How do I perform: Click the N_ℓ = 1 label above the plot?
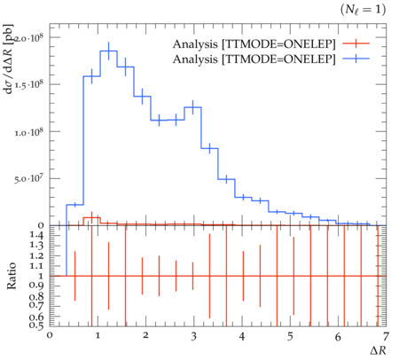click(x=363, y=10)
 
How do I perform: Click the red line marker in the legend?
click(x=356, y=43)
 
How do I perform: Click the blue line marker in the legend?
click(x=356, y=59)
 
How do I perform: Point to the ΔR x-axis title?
click(x=378, y=350)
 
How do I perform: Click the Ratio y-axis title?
click(x=12, y=276)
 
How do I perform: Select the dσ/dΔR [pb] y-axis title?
click(x=9, y=59)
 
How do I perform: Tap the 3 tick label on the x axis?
click(x=193, y=336)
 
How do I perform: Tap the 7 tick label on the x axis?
click(x=386, y=336)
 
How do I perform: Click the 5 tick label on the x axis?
click(x=290, y=336)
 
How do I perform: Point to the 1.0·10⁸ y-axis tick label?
click(x=29, y=131)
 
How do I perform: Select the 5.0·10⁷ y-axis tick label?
click(x=29, y=178)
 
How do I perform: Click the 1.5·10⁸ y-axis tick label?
click(x=29, y=84)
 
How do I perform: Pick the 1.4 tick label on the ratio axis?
click(x=36, y=235)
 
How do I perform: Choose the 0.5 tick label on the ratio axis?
click(x=36, y=325)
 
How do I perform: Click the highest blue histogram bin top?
click(x=109, y=51)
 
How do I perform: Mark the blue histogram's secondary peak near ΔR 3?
click(x=192, y=107)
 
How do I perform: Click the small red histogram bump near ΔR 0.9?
click(x=92, y=217)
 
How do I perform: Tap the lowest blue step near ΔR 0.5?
click(x=75, y=205)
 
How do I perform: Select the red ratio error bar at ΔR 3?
click(x=192, y=276)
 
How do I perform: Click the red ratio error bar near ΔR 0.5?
click(x=75, y=276)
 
